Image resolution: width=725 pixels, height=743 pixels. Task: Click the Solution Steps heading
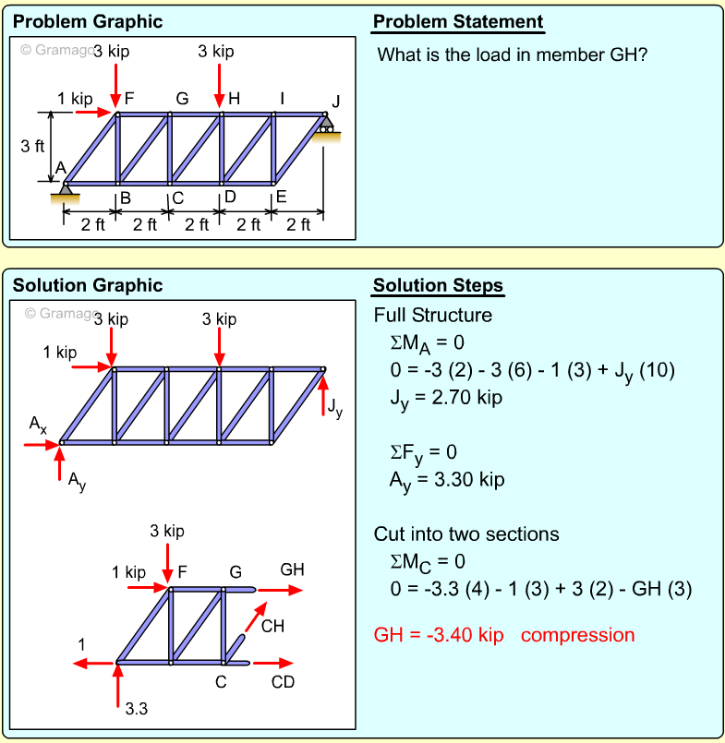click(x=438, y=285)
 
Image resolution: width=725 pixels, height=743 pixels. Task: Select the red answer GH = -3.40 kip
click(x=439, y=635)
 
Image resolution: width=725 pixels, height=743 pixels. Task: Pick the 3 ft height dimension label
click(x=32, y=146)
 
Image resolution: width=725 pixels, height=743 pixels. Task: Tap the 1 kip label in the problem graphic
click(x=74, y=98)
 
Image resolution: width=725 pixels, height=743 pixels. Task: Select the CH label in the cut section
click(x=273, y=627)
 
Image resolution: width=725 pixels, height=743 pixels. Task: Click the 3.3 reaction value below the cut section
click(x=137, y=709)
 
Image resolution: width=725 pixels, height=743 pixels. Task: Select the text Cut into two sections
click(x=466, y=534)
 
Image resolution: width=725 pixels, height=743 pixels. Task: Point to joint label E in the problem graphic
click(x=281, y=196)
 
